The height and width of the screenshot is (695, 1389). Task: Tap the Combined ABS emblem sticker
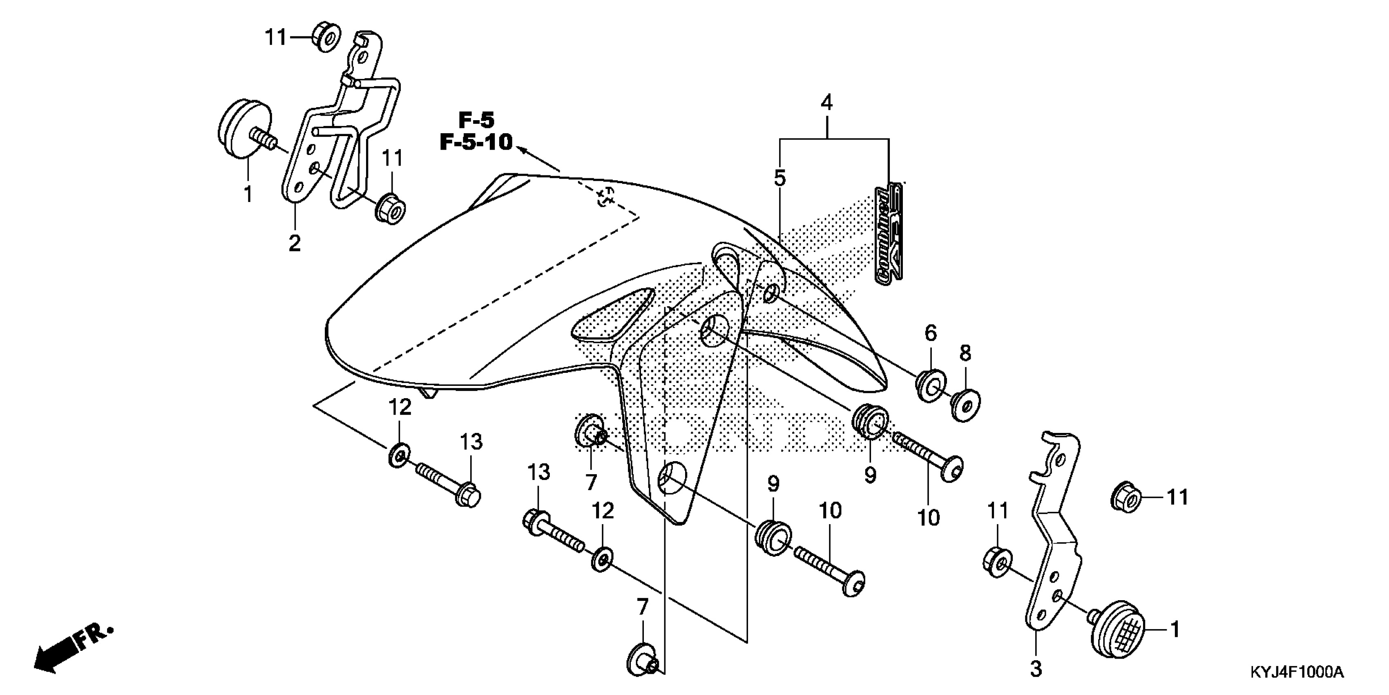[x=888, y=233]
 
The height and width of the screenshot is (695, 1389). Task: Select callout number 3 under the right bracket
[x=1035, y=669]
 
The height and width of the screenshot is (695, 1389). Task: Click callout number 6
[x=931, y=334]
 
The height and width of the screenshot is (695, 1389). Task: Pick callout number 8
[x=965, y=354]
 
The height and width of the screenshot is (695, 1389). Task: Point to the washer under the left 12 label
[x=398, y=456]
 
